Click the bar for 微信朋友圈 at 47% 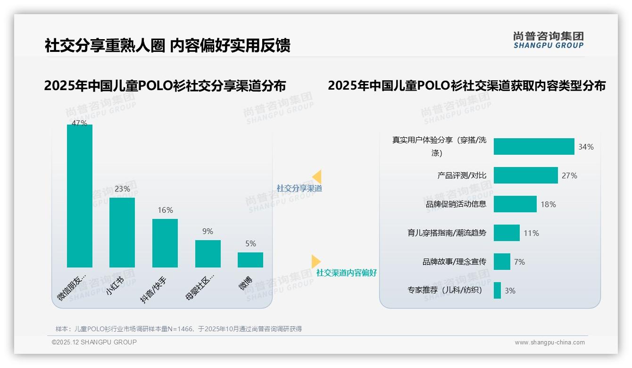[80, 196]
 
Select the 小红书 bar [122, 232]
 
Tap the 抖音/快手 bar [165, 243]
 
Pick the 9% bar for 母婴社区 [208, 254]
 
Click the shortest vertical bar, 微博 [250, 260]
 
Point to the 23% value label [122, 189]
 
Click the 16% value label [165, 210]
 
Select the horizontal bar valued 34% [534, 147]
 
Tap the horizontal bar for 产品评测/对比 [526, 176]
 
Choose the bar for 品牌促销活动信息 [515, 204]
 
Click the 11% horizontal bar [507, 233]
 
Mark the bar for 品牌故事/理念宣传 [502, 262]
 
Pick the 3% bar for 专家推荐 [497, 291]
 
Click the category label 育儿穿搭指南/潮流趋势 [447, 233]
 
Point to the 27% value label [569, 176]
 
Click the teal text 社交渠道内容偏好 [346, 273]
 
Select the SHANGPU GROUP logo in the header [548, 40]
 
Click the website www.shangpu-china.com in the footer [549, 343]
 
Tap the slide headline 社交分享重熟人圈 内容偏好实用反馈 [167, 45]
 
